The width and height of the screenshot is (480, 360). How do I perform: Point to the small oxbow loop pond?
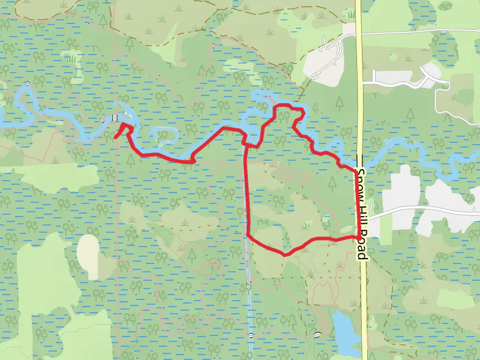(165, 135)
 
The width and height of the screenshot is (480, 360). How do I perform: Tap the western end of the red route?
(115, 138)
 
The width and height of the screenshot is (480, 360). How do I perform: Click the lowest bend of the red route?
(285, 254)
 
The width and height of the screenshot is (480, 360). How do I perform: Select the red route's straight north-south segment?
(247, 192)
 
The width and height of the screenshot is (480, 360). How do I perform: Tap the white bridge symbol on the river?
(115, 118)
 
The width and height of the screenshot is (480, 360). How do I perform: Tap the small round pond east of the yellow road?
(446, 5)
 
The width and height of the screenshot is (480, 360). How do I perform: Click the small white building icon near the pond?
(316, 334)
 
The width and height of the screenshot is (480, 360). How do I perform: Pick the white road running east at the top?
(420, 31)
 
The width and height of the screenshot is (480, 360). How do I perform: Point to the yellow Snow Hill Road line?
(361, 90)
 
